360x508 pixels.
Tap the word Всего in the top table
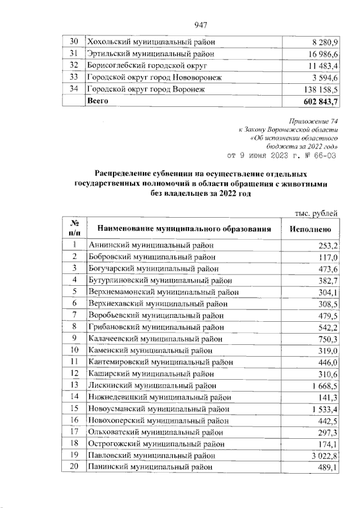pos(97,101)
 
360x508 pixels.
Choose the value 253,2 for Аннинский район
pos(327,245)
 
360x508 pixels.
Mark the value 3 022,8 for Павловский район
pos(323,456)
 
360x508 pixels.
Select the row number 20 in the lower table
pos(74,467)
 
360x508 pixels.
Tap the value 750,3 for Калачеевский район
pos(327,339)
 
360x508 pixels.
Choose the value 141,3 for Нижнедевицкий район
pos(327,397)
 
